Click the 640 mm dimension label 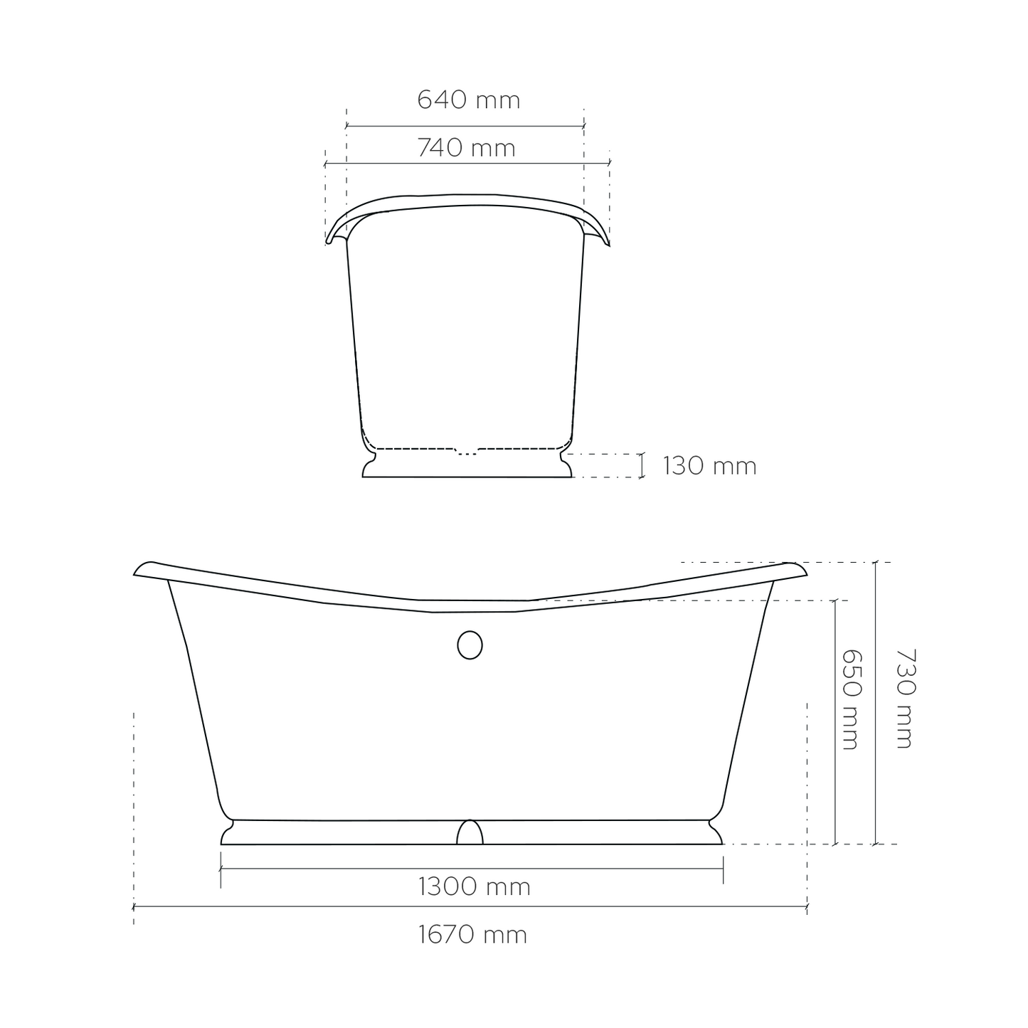(x=468, y=100)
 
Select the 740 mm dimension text (x=466, y=148)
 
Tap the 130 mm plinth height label (x=709, y=466)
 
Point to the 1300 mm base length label (x=475, y=886)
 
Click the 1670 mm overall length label (x=472, y=935)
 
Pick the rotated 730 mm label (x=906, y=699)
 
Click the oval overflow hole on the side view (x=470, y=645)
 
